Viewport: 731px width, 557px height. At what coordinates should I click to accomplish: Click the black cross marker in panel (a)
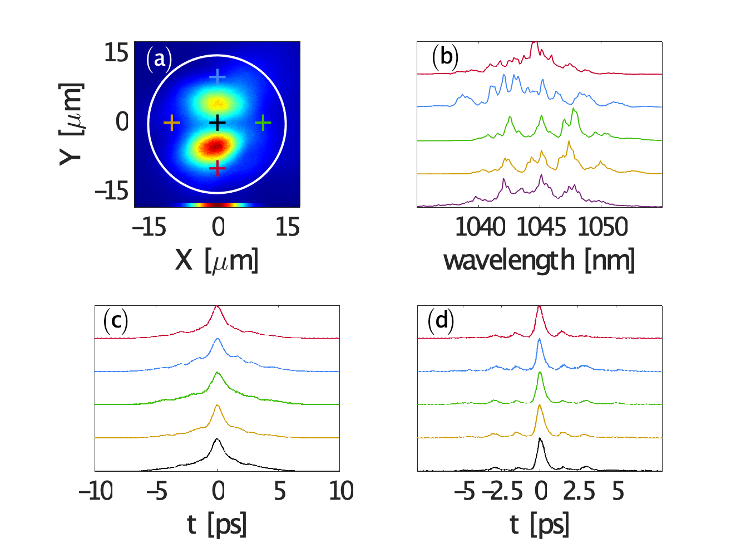[x=218, y=123]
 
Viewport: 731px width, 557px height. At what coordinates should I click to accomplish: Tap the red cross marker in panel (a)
[x=218, y=168]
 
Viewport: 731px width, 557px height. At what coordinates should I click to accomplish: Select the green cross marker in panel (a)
[x=263, y=123]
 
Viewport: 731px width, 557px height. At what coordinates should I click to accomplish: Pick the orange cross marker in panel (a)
[x=172, y=123]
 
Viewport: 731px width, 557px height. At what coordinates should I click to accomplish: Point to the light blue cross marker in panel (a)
[x=218, y=77]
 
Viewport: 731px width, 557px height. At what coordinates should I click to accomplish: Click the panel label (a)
[x=159, y=58]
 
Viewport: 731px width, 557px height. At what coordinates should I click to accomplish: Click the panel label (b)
[x=445, y=57]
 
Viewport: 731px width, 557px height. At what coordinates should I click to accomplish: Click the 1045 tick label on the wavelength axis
[x=541, y=227]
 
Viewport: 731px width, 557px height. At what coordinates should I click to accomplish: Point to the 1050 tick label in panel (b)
[x=602, y=227]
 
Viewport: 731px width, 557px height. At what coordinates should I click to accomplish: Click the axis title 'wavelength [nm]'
[x=539, y=260]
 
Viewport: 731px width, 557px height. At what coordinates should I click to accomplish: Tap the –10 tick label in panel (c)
[x=96, y=491]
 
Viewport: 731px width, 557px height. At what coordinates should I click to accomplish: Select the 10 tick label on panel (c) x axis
[x=340, y=491]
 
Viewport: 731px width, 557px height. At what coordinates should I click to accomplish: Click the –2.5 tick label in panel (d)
[x=502, y=491]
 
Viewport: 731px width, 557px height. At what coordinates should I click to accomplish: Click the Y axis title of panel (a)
[x=71, y=124]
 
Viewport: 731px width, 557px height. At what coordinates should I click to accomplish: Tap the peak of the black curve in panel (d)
[x=540, y=439]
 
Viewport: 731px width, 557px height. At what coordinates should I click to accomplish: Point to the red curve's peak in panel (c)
[x=217, y=306]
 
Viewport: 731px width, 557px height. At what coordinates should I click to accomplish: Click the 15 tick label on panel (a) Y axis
[x=116, y=53]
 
